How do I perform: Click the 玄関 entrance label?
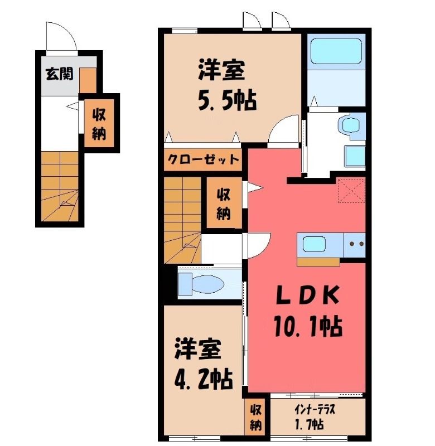point(60,74)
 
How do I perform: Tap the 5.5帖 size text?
point(228,100)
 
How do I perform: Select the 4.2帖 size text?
point(204,379)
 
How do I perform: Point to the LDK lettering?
point(308,295)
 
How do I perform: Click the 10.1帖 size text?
point(308,327)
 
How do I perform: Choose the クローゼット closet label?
point(203,159)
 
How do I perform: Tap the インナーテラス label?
point(315,410)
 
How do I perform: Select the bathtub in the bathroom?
point(336,51)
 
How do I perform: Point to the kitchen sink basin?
point(314,244)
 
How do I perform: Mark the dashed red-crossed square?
point(351,190)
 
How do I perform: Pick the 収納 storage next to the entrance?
point(99,123)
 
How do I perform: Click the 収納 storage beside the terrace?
point(255,417)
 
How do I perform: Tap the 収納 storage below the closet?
point(224,202)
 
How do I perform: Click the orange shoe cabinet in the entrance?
point(88,80)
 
